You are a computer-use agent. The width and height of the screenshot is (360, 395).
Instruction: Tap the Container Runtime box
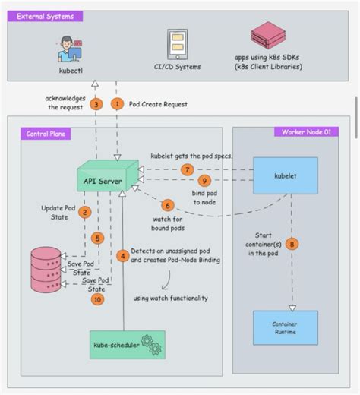point(285,327)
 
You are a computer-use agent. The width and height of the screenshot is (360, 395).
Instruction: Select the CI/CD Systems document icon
point(178,45)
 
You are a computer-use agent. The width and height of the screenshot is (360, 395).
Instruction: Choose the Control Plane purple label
point(49,133)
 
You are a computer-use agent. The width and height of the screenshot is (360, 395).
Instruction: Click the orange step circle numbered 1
point(116,103)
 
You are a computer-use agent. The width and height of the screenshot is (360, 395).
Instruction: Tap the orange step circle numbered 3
point(96,103)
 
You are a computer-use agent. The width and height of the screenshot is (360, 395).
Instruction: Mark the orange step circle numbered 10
point(96,299)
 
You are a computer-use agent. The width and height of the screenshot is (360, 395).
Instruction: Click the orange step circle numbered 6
point(169,205)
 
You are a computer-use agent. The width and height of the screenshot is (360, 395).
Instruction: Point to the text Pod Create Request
point(159,103)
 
